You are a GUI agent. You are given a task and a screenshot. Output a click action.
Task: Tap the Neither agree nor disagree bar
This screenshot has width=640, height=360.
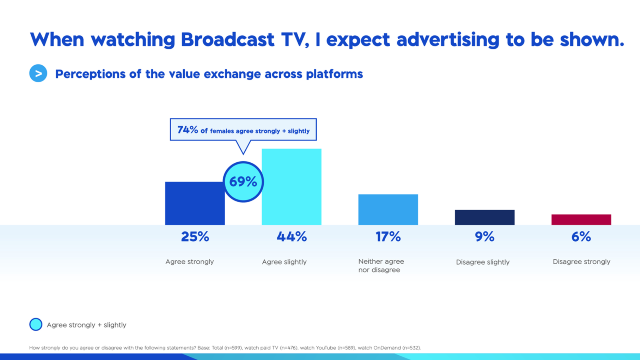[x=388, y=209]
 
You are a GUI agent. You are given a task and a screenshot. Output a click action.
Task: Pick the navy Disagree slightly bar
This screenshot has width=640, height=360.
[x=484, y=217]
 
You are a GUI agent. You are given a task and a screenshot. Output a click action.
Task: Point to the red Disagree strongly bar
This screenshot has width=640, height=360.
[x=581, y=219]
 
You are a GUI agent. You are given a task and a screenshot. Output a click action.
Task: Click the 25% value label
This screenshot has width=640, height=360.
[x=195, y=237]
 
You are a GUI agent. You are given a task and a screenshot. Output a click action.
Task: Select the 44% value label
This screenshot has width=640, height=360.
[x=292, y=237]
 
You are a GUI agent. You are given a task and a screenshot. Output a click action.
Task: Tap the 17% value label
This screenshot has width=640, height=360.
[x=388, y=237]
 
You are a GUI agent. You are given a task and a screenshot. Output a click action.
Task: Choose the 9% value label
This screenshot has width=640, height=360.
[x=484, y=237]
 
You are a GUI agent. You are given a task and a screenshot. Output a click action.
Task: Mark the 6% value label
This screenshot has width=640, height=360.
[x=581, y=237]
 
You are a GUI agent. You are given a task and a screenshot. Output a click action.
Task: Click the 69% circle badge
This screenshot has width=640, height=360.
[x=243, y=182]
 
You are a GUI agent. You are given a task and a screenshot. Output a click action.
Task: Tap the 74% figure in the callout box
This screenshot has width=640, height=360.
[x=187, y=130]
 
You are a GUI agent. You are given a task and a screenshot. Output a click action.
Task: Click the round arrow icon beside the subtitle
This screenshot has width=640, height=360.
[x=38, y=73]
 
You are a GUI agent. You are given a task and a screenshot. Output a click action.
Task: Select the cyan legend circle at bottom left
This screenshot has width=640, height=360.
[x=36, y=324]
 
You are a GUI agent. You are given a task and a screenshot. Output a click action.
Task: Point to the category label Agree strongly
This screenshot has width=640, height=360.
[x=190, y=262]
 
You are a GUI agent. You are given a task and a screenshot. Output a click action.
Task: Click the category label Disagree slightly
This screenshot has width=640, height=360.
[x=483, y=262]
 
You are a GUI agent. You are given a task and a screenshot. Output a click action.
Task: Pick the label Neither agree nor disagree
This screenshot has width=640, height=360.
[x=381, y=266]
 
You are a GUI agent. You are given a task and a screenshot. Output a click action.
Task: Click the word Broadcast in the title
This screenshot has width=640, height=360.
[x=227, y=40]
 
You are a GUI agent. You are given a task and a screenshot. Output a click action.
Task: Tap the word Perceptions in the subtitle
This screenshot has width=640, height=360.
[x=90, y=74]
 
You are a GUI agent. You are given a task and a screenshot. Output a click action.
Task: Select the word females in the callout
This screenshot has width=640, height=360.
[x=222, y=131]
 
